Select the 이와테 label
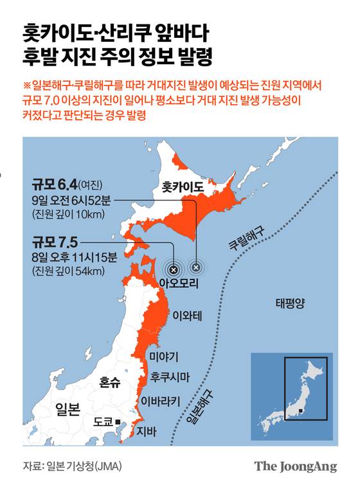click(x=188, y=315)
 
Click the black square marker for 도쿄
click(x=118, y=422)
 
